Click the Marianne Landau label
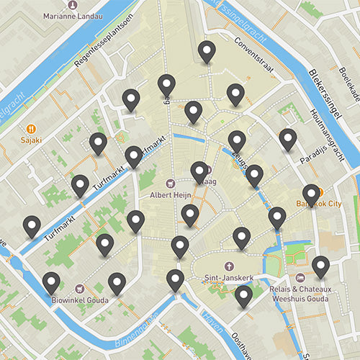tap(73, 15)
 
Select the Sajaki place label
tap(32, 140)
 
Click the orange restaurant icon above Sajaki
tap(31, 130)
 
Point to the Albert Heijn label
tap(170, 194)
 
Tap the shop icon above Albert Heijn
tap(170, 183)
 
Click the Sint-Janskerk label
tap(229, 277)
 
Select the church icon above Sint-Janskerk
tap(229, 266)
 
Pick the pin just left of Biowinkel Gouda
tap(51, 284)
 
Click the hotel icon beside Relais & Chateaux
tap(300, 277)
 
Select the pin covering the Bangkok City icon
tap(311, 194)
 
